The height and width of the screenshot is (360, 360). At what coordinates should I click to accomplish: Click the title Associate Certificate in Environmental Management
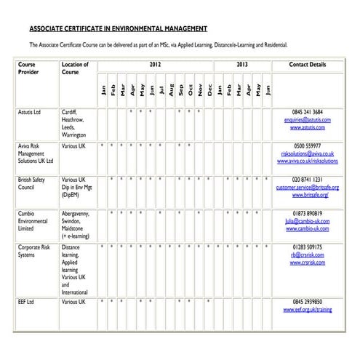[118, 30]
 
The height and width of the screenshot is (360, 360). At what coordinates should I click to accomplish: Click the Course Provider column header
[28, 68]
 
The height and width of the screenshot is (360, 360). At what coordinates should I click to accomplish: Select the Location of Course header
[76, 68]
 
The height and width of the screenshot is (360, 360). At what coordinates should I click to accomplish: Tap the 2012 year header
[155, 65]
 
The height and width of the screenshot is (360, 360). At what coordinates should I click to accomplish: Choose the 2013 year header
[242, 65]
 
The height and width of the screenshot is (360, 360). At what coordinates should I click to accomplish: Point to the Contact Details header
[308, 65]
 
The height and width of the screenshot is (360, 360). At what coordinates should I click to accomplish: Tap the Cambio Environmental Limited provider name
[33, 220]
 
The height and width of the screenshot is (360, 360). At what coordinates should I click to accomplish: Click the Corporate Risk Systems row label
[34, 252]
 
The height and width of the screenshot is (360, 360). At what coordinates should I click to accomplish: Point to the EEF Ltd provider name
[26, 301]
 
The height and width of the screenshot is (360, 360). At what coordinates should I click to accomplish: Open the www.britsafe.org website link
[311, 195]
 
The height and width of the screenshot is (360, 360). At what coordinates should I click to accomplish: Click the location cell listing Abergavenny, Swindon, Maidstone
[78, 224]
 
